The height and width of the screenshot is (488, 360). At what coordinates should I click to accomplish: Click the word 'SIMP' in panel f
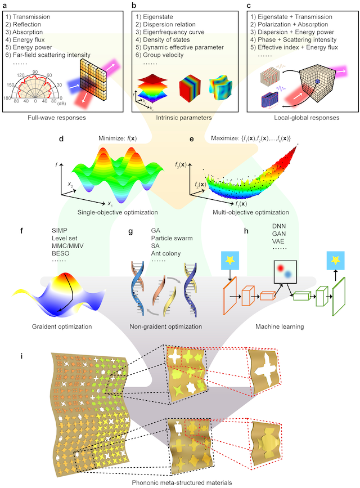click(58, 231)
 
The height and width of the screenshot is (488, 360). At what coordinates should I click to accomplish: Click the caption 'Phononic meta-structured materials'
click(181, 482)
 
